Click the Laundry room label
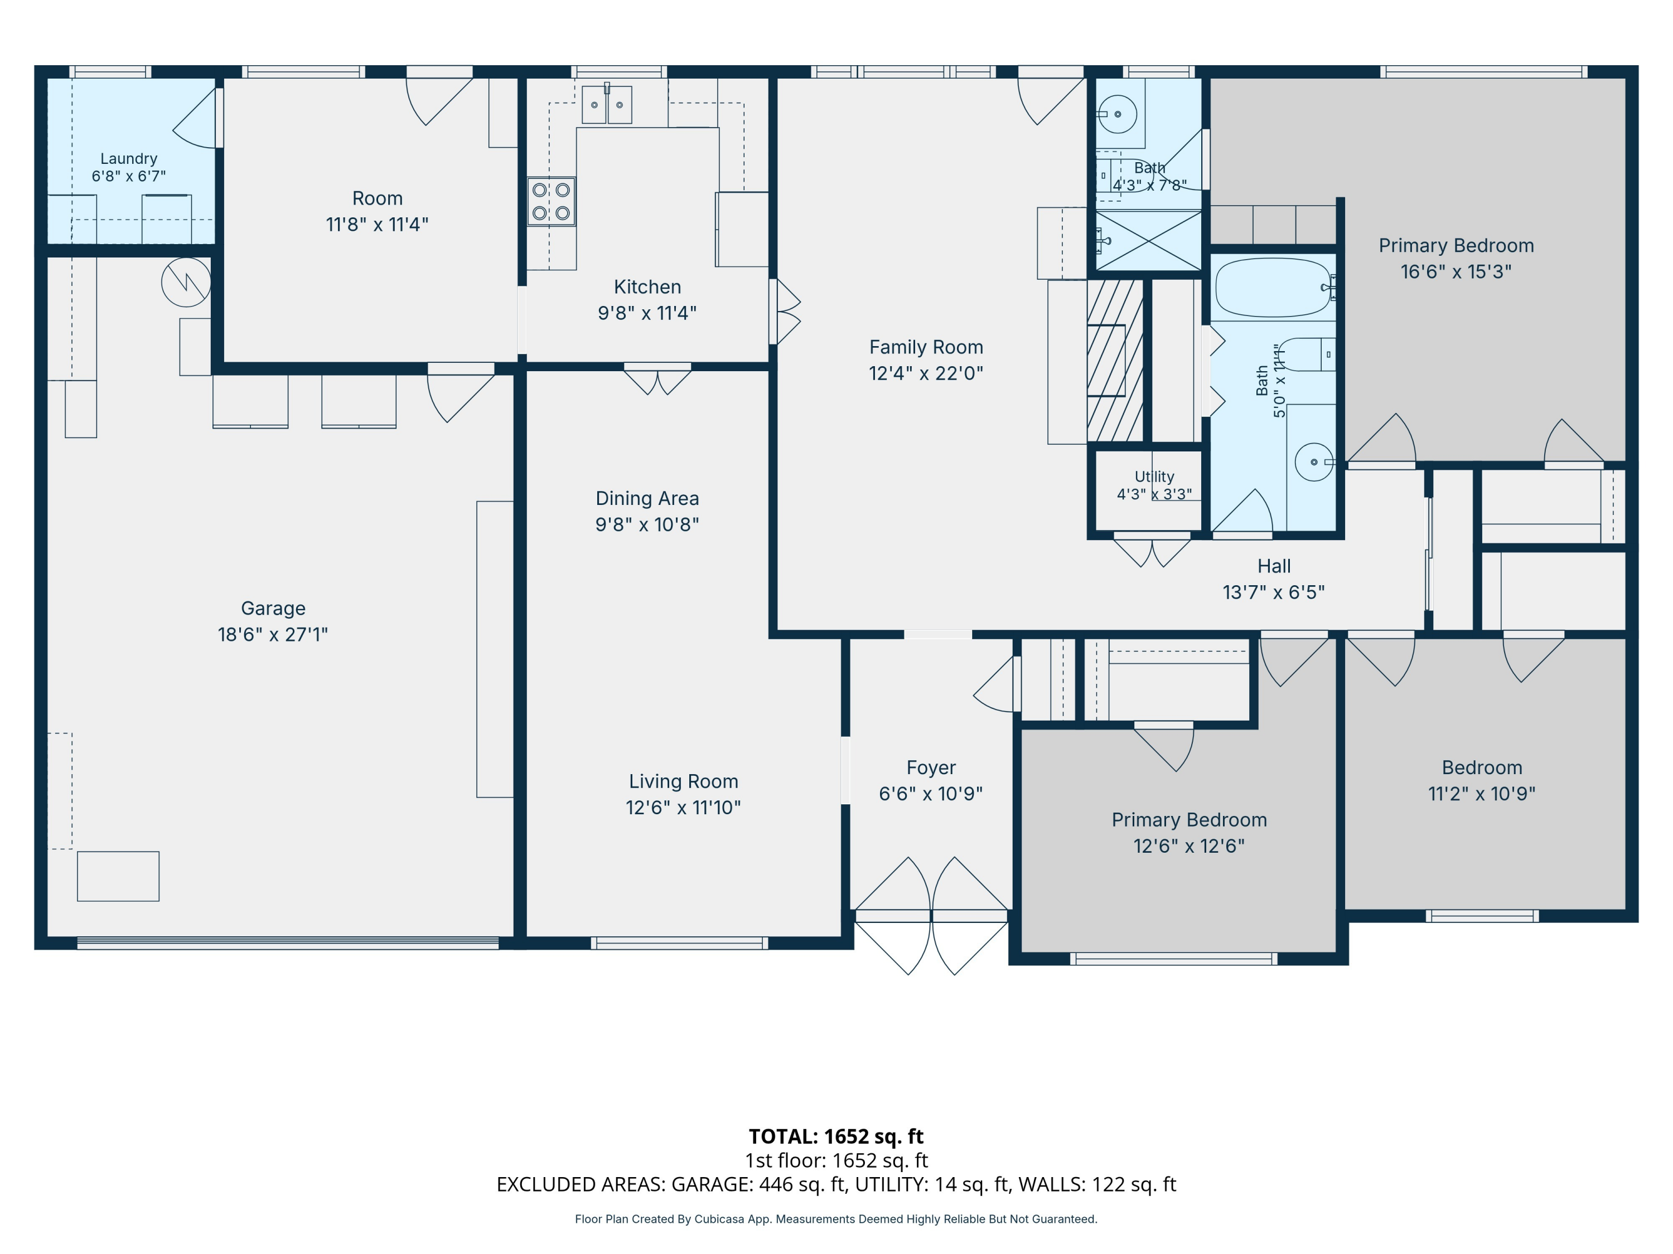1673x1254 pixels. point(129,159)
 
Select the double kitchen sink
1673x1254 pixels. point(607,104)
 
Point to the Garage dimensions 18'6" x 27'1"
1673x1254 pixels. point(273,634)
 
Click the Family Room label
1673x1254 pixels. point(926,347)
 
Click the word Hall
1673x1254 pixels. point(1274,566)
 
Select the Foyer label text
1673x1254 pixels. point(931,768)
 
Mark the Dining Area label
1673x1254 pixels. point(647,498)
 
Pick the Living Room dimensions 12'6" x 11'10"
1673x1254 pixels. point(683,807)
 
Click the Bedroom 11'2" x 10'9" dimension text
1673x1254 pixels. point(1482,794)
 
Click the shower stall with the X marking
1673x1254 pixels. point(1148,240)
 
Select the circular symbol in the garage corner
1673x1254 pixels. point(186,282)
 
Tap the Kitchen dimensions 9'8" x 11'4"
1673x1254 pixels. point(647,313)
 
